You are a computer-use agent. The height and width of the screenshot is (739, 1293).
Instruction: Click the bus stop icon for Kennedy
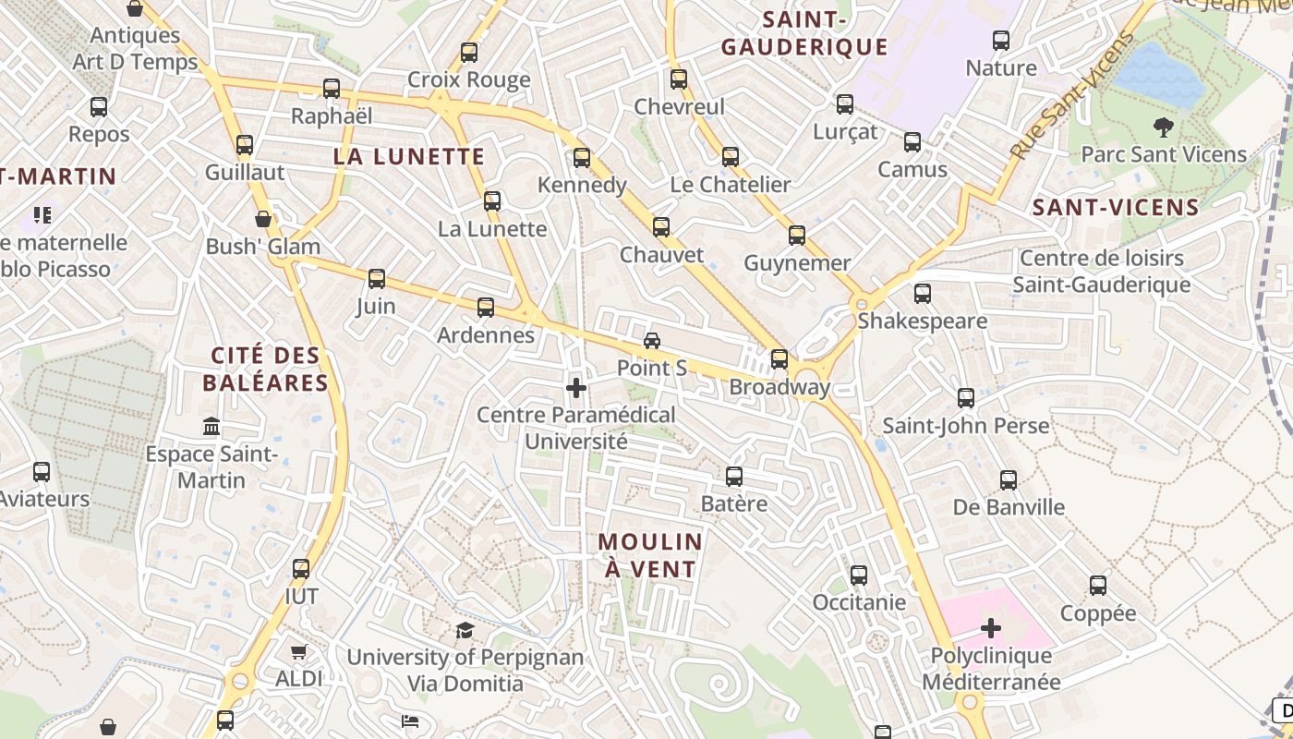tap(581, 158)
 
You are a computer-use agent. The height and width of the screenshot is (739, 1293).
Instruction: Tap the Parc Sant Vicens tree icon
tap(1164, 127)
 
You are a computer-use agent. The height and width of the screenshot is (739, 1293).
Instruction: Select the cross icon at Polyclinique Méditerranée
tap(991, 629)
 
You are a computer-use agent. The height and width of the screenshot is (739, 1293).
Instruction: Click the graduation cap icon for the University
tap(465, 631)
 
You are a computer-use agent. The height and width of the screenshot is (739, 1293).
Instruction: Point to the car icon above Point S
tap(652, 341)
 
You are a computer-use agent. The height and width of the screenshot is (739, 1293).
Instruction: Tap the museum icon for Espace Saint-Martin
tap(211, 427)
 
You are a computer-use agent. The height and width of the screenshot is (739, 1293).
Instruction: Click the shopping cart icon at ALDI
tap(298, 652)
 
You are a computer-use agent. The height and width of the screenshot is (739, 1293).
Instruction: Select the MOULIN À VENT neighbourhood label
tap(650, 555)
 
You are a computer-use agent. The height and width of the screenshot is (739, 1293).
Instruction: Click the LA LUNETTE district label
tap(408, 156)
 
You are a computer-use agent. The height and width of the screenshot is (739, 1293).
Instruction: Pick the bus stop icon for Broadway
tap(779, 359)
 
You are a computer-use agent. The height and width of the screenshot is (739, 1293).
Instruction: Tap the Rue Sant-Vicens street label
tap(1071, 97)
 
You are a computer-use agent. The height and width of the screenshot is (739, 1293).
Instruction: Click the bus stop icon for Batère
tap(734, 477)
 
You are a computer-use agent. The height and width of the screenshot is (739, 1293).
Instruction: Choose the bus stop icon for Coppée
tap(1097, 586)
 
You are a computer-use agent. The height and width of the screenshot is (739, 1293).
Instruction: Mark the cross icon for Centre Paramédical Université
tap(576, 388)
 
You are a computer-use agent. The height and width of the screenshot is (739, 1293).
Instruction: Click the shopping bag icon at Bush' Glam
tap(263, 219)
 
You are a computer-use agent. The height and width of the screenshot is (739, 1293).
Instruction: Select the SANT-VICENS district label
tap(1115, 207)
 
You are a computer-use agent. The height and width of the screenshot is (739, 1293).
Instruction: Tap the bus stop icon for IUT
tap(301, 569)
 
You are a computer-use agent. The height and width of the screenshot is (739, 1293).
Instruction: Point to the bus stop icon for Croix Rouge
tap(469, 53)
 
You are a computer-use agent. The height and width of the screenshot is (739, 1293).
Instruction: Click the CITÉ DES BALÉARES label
tap(266, 369)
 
